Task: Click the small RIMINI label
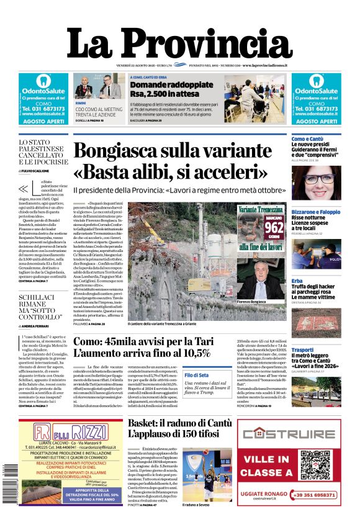[x=81, y=102]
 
